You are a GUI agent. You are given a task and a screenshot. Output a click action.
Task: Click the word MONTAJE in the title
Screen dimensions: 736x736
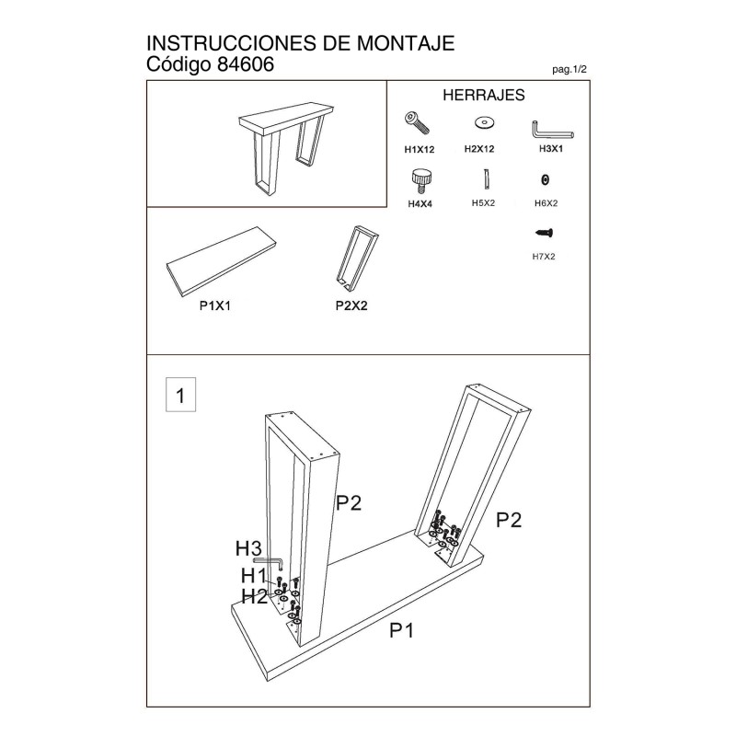pos(406,43)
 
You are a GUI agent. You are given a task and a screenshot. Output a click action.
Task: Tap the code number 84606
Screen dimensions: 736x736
pos(246,64)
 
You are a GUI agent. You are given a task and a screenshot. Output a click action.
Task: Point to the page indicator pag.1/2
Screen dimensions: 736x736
pos(569,70)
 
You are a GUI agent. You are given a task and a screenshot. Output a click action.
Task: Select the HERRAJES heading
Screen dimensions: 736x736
pos(484,95)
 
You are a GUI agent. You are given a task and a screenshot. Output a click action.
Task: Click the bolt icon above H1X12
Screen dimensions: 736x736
pos(418,123)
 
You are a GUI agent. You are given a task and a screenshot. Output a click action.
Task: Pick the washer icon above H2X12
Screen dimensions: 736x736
pos(485,123)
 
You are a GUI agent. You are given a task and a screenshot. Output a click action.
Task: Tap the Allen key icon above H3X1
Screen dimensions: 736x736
pos(552,131)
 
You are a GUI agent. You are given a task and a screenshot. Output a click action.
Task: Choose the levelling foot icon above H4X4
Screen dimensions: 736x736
pos(421,181)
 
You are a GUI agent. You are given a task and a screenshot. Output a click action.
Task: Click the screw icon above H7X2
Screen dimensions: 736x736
pos(544,233)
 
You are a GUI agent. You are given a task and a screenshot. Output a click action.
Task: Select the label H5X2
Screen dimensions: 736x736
pos(484,202)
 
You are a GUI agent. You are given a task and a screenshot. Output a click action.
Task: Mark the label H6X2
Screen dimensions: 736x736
pos(546,203)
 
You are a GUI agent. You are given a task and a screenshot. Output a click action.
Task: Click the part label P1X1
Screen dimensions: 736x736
pos(215,305)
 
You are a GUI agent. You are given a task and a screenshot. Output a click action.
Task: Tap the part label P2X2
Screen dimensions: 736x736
pos(351,305)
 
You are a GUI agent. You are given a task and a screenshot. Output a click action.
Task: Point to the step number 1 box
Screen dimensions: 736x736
pos(180,395)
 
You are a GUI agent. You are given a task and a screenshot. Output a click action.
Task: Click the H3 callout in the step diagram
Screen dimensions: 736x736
pos(247,548)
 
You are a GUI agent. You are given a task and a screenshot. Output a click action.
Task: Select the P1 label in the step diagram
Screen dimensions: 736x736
pos(402,630)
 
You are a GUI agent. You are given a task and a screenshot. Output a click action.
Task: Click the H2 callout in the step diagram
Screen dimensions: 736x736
pos(254,596)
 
